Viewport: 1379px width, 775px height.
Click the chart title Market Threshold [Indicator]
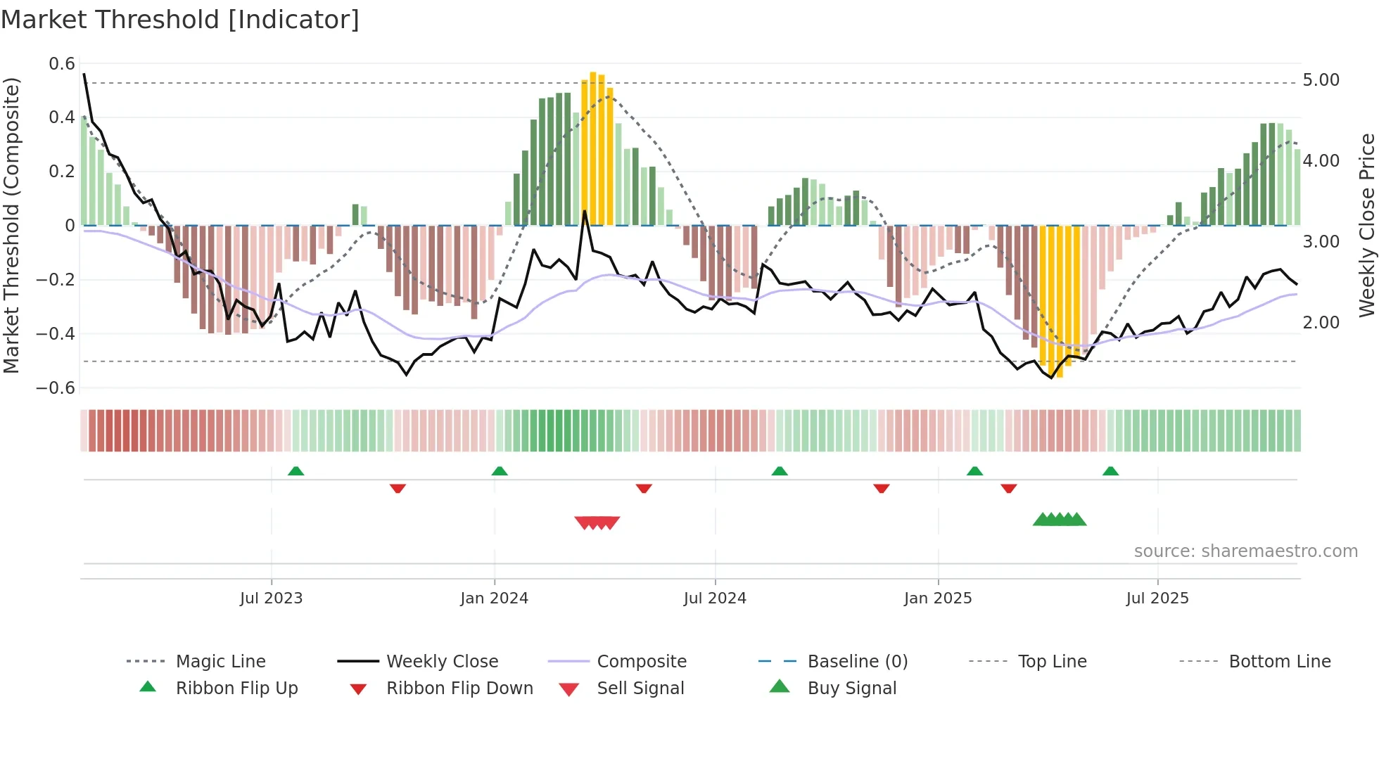pos(180,20)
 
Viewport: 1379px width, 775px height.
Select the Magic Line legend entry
pos(220,662)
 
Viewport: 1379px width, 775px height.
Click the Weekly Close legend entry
pos(442,662)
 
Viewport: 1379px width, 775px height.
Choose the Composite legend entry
pos(641,662)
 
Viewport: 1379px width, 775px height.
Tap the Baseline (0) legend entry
pos(857,662)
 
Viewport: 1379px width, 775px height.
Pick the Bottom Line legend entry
pos(1279,662)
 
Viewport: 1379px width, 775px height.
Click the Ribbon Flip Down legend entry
pos(459,688)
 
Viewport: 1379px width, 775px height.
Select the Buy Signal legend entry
pos(851,688)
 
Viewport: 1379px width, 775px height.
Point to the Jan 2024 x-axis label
pos(494,598)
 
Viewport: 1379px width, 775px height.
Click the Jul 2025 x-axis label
pos(1157,598)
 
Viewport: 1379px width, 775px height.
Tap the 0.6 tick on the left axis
pos(62,64)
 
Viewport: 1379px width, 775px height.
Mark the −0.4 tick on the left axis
pos(56,334)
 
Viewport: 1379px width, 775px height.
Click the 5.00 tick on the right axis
pos(1321,80)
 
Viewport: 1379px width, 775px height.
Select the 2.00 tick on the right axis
pos(1321,323)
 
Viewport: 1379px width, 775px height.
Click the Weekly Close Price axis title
pos(1366,225)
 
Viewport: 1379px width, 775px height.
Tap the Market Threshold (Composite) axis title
pos(11,225)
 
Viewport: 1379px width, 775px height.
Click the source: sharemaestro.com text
pos(1245,551)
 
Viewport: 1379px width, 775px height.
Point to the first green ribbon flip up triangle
pos(295,471)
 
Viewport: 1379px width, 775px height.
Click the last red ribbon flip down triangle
pos(1008,488)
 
